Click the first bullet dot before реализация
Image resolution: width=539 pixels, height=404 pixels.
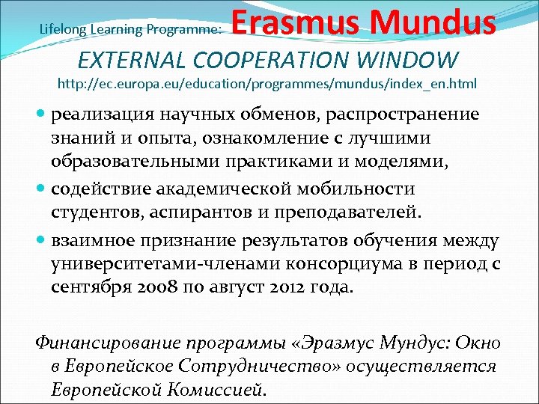click(41, 113)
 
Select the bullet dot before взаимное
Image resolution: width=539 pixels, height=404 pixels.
click(41, 240)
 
